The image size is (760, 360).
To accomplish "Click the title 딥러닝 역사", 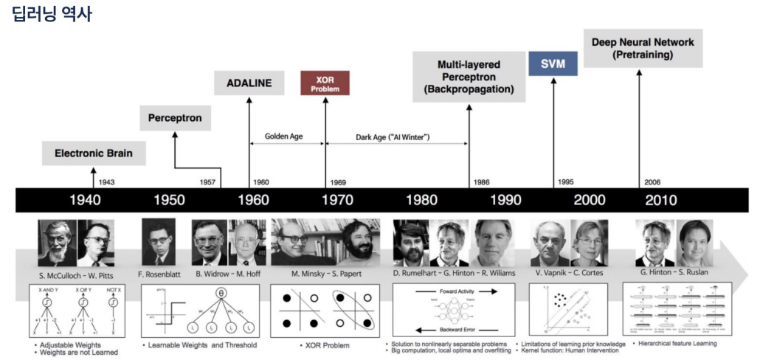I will click(52, 14).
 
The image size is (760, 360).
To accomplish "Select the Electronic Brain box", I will click(93, 153).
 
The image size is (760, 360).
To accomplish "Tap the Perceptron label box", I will click(174, 117).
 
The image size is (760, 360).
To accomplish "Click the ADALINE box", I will click(249, 82).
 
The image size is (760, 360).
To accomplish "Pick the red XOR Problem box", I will click(325, 83).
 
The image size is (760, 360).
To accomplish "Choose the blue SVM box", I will click(553, 64).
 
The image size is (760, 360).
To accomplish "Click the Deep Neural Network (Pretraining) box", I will click(643, 48).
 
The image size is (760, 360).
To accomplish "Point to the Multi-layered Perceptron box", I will click(469, 77).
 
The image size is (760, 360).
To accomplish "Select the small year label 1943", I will click(106, 181).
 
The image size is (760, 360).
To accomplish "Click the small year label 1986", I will click(482, 181).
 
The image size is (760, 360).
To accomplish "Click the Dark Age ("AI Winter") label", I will click(393, 136).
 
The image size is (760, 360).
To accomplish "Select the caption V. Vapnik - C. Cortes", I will click(569, 274).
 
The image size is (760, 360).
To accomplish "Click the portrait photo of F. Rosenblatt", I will click(158, 242).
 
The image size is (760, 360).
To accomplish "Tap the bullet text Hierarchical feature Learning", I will click(675, 343).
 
